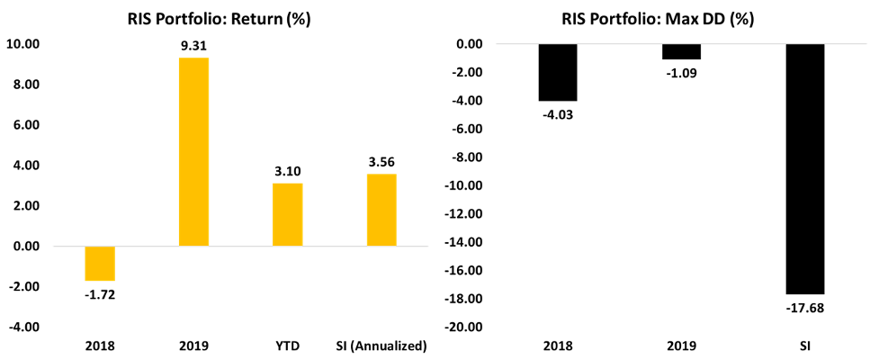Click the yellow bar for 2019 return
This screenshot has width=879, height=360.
(x=193, y=151)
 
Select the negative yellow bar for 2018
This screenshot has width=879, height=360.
(x=100, y=263)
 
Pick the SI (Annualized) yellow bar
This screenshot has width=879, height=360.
(x=381, y=210)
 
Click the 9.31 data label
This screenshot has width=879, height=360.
(x=193, y=49)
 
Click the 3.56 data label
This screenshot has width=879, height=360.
(x=381, y=163)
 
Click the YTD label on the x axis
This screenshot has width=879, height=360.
(x=288, y=346)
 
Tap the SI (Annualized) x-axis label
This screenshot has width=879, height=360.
(x=381, y=346)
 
